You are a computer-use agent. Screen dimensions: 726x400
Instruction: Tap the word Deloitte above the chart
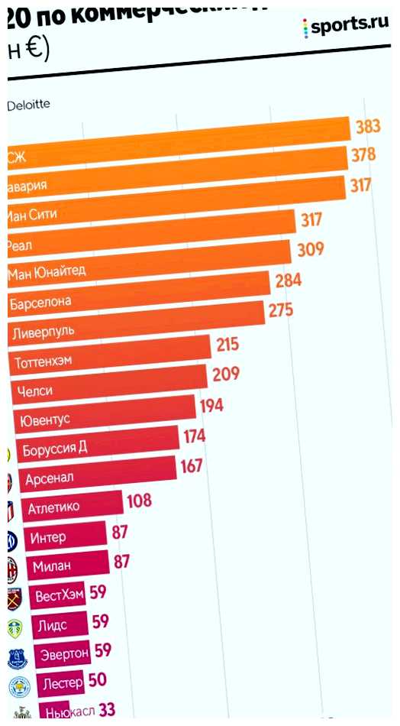[28, 105]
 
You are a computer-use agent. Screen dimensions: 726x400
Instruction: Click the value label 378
[363, 155]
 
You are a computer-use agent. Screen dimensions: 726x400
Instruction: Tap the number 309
[311, 249]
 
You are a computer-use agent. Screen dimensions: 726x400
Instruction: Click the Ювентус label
[46, 420]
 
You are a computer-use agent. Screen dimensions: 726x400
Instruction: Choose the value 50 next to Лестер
[97, 679]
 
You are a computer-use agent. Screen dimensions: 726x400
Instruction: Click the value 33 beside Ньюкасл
[106, 710]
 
